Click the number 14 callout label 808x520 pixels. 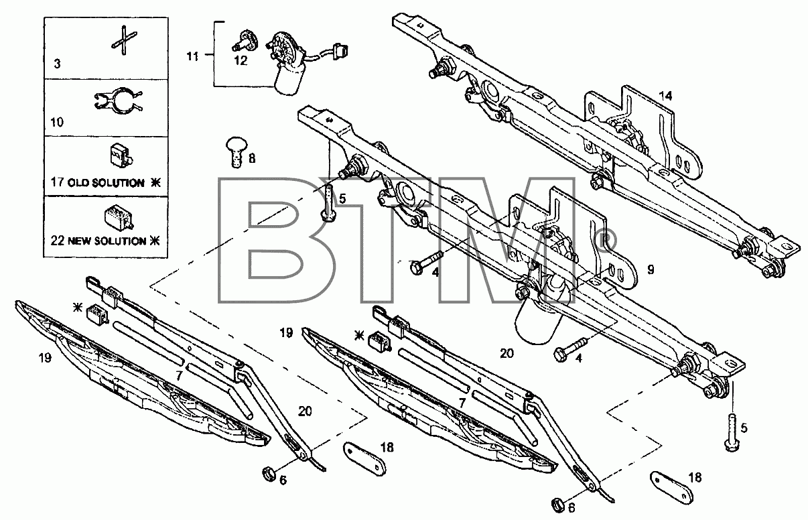[665, 96]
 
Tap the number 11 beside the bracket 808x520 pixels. [193, 56]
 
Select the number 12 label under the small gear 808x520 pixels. [241, 60]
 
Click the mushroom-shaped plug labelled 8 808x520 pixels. [237, 151]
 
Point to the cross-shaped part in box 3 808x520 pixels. [124, 40]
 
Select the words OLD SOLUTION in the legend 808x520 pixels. [106, 182]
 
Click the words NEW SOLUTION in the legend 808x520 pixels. [107, 241]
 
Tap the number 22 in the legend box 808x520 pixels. [58, 241]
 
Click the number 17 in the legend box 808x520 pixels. [58, 182]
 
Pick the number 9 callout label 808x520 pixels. [651, 269]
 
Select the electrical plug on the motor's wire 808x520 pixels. [340, 50]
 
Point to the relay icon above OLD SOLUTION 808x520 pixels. [121, 156]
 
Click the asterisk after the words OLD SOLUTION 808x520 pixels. [155, 182]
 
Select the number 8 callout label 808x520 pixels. [252, 158]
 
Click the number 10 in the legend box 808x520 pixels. [57, 123]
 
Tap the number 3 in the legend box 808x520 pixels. [57, 64]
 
